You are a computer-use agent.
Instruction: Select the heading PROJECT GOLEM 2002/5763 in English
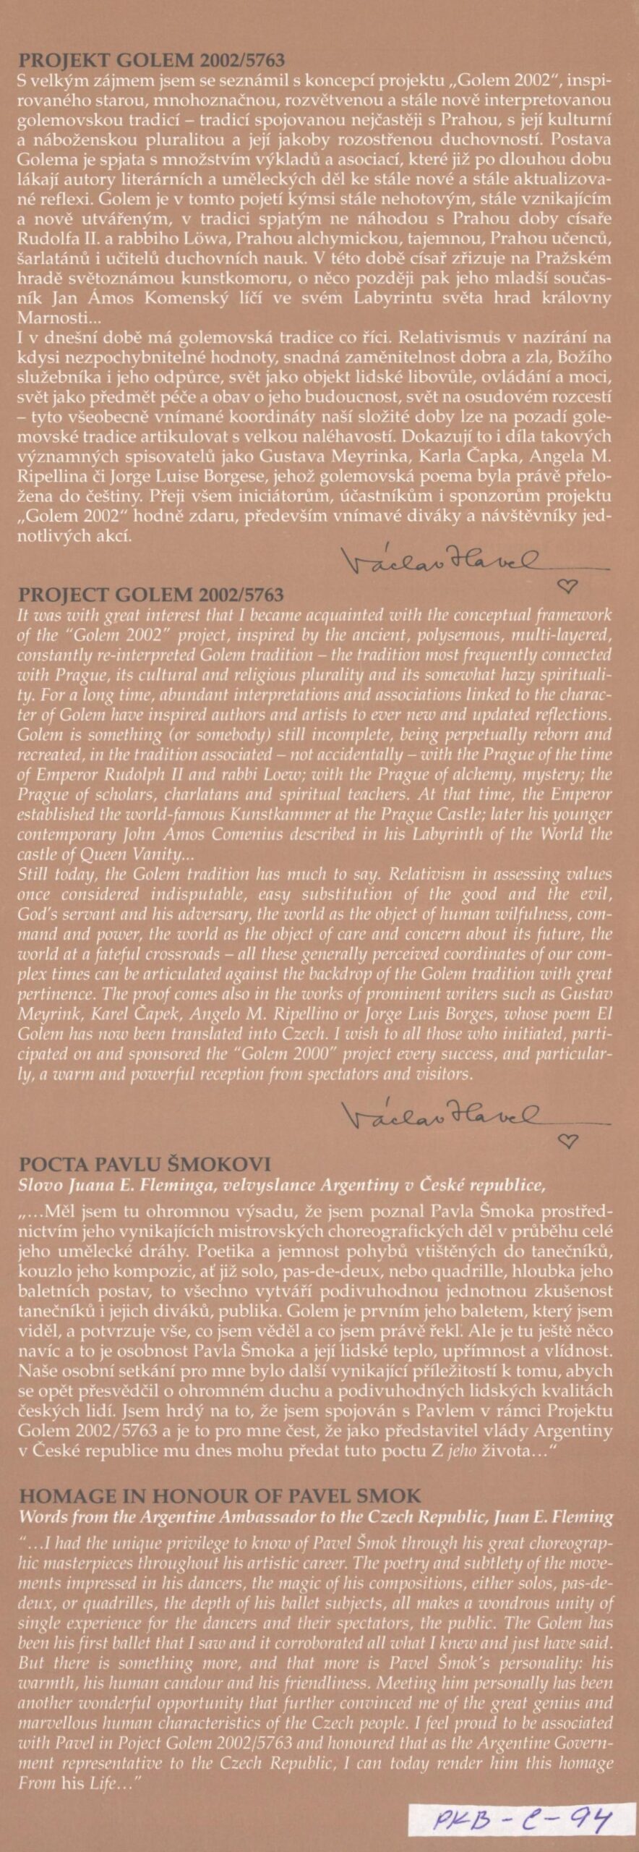tap(151, 595)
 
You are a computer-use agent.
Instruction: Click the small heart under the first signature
tap(569, 585)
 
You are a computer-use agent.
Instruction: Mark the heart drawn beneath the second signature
tap(569, 1142)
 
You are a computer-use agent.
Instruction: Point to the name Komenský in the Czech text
tap(203, 298)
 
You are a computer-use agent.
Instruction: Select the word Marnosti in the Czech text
tap(43, 318)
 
